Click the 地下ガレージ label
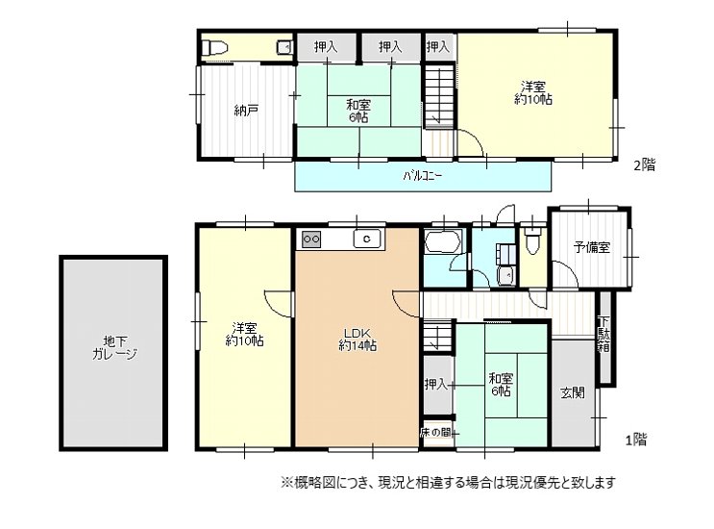114,347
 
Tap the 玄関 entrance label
573,392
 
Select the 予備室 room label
592,248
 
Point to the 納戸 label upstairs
246,111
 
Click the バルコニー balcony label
423,175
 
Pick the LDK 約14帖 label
357,340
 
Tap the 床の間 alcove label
435,433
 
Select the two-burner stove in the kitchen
312,239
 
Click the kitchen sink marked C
367,239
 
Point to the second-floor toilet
214,47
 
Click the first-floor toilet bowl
532,242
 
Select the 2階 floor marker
645,164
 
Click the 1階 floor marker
635,440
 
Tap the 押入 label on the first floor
436,384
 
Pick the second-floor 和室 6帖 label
358,112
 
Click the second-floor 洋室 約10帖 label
533,93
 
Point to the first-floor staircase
438,337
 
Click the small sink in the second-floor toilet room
285,47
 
